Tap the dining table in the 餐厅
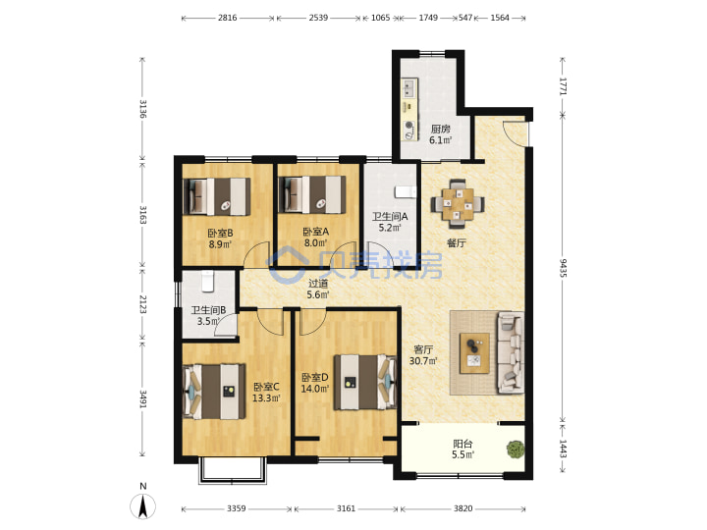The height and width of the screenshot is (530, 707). point(458,204)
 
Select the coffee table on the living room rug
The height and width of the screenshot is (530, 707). point(474,353)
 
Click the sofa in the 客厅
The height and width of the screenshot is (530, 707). point(511,352)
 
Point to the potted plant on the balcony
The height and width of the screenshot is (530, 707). point(516,450)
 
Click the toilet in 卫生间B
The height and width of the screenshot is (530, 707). point(207,281)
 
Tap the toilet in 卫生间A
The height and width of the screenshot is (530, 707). point(406,192)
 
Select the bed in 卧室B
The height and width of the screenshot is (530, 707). point(216,196)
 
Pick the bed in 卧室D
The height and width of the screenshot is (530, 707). point(364,382)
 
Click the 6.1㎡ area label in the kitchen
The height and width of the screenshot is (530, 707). point(440,140)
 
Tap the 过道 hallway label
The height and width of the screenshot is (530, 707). point(318,284)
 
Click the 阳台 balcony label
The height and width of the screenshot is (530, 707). point(463,444)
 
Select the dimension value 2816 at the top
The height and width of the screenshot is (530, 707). point(227,18)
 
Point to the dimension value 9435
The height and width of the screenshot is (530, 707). point(564,268)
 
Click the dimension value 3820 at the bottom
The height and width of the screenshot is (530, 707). point(463,508)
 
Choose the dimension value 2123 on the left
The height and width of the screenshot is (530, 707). point(142,304)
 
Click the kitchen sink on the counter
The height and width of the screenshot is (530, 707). point(409,88)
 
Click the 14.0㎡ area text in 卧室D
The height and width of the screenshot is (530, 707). point(315,389)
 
